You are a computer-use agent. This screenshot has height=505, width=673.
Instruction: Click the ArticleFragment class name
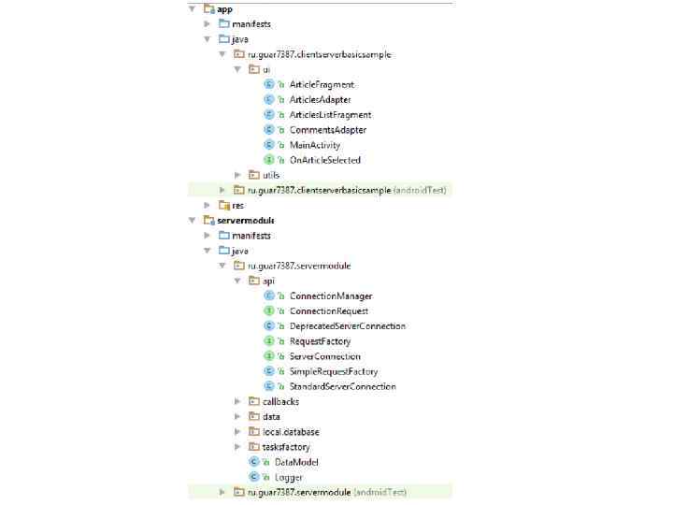(x=322, y=85)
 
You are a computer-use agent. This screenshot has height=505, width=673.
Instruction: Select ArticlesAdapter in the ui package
(x=321, y=100)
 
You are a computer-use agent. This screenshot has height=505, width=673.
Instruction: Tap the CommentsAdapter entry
(x=327, y=130)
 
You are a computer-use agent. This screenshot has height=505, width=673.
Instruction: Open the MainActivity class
(x=315, y=145)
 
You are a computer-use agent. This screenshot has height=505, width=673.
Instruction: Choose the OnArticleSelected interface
(x=324, y=160)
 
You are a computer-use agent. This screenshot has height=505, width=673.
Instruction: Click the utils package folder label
(x=271, y=175)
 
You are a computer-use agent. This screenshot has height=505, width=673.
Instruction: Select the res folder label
(x=238, y=205)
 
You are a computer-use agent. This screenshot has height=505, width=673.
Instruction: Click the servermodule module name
(x=245, y=220)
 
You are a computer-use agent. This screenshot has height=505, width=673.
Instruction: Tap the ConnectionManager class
(x=331, y=296)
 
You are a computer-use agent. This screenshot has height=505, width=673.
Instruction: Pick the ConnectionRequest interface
(x=329, y=311)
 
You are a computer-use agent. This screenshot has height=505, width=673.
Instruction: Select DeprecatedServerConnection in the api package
(x=348, y=326)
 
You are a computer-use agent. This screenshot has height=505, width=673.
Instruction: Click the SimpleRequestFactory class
(x=334, y=371)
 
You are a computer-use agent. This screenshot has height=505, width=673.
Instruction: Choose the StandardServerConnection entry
(x=343, y=386)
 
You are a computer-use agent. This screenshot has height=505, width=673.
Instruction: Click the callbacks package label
(x=281, y=401)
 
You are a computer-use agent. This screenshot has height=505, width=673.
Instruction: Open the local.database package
(x=291, y=432)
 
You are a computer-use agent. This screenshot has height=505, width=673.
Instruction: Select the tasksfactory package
(x=286, y=447)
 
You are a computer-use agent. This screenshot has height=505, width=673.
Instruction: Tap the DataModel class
(x=296, y=462)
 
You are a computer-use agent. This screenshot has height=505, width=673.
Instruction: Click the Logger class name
(x=289, y=477)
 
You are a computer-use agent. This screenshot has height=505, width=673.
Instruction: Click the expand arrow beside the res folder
(x=208, y=205)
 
